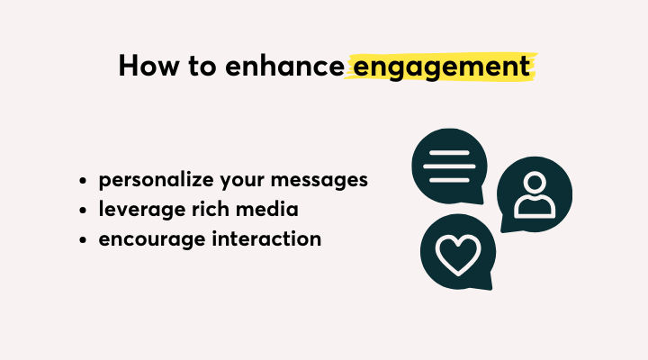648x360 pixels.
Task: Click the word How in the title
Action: (x=149, y=66)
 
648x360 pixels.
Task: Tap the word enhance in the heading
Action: (x=284, y=66)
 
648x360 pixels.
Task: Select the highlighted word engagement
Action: (x=442, y=67)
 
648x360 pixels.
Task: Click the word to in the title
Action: (x=202, y=66)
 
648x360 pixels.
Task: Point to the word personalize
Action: (x=157, y=181)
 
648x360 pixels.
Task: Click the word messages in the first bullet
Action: (x=319, y=181)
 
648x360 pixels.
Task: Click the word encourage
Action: (x=152, y=239)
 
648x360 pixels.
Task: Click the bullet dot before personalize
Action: (x=83, y=181)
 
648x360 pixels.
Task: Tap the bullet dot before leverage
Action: (x=83, y=210)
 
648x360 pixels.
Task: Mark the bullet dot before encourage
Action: (x=83, y=239)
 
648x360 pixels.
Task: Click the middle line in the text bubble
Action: (x=449, y=166)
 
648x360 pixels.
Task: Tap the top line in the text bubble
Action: (x=449, y=153)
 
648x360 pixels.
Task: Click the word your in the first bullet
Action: (x=242, y=182)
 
